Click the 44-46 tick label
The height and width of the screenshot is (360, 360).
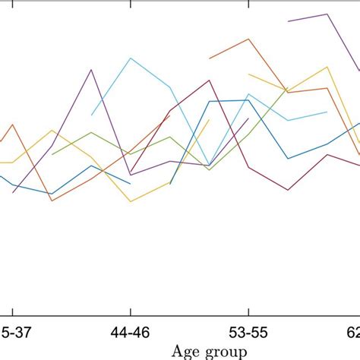coord(131,332)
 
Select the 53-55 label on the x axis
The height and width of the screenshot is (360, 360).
coord(248,332)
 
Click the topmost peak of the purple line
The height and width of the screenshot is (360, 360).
coord(327,14)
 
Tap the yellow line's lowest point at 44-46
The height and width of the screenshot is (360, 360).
coord(131,201)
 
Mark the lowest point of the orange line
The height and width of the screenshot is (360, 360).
coord(52,201)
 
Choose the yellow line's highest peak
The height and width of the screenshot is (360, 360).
coord(327,67)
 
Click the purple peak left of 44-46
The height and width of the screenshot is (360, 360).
coord(91,70)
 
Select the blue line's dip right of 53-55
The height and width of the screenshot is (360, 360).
coord(288,159)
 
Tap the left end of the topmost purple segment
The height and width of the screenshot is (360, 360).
coord(289,21)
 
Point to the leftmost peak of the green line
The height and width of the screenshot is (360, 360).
coord(91,133)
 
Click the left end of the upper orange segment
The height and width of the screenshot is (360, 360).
coord(210,57)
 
